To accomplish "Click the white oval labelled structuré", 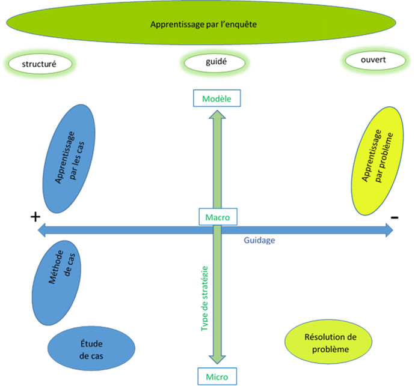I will [x=41, y=62].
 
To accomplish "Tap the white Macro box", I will [x=217, y=217].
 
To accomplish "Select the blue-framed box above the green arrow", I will [x=217, y=98].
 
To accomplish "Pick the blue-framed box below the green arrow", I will [x=217, y=376].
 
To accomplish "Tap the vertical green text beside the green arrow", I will [x=205, y=297].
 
